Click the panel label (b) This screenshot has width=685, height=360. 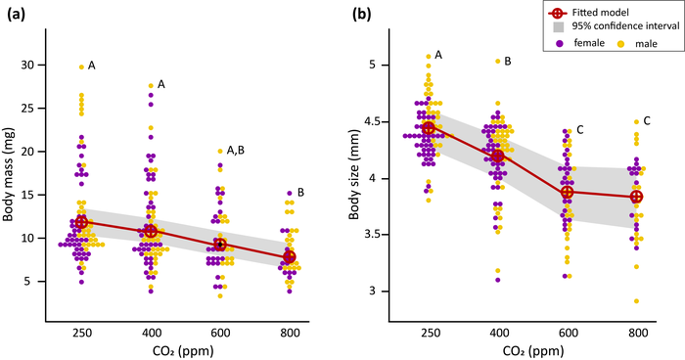(359, 16)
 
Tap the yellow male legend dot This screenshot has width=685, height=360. (619, 43)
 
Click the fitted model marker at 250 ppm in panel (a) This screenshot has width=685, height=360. (81, 222)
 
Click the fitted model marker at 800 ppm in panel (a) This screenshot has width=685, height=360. (289, 256)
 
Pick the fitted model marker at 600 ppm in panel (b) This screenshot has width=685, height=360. (567, 192)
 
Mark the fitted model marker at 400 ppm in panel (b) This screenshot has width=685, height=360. (498, 157)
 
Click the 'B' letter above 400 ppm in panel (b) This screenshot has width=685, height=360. (507, 61)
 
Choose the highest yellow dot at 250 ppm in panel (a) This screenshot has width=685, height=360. (81, 67)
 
